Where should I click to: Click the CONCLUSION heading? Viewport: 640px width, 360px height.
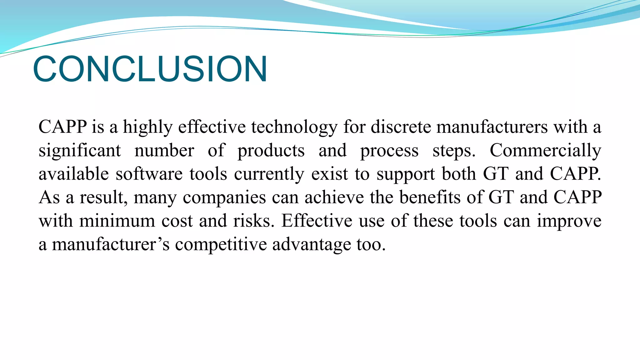pyautogui.click(x=150, y=69)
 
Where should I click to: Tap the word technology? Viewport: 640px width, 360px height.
pyautogui.click(x=294, y=127)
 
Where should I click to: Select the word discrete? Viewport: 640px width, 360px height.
pyautogui.click(x=401, y=127)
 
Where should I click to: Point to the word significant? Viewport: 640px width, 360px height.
pyautogui.click(x=80, y=151)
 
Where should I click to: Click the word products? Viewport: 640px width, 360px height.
pyautogui.click(x=271, y=151)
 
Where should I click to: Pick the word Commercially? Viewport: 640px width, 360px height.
pyautogui.click(x=545, y=151)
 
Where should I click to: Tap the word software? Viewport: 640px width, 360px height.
pyautogui.click(x=149, y=174)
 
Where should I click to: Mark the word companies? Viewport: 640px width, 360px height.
pyautogui.click(x=224, y=197)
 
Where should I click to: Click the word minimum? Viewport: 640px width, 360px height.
pyautogui.click(x=117, y=221)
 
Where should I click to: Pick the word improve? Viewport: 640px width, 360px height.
pyautogui.click(x=569, y=221)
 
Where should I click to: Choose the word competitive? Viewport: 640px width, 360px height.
pyautogui.click(x=221, y=244)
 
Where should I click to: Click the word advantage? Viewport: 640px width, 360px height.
pyautogui.click(x=312, y=244)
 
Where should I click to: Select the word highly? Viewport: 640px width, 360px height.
pyautogui.click(x=147, y=127)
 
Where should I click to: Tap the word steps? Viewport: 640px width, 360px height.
pyautogui.click(x=454, y=151)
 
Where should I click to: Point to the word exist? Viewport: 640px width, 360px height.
pyautogui.click(x=329, y=174)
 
